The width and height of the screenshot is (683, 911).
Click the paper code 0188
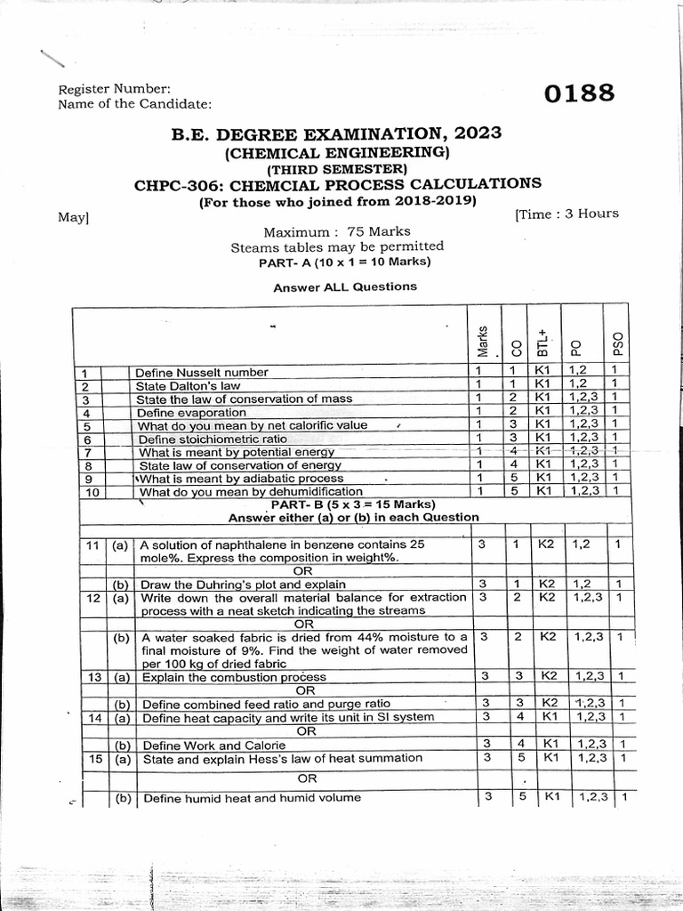tap(579, 93)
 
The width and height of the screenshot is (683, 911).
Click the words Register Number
tap(108, 89)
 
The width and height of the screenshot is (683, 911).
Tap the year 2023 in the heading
tap(478, 133)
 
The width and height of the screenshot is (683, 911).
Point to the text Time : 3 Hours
tap(566, 214)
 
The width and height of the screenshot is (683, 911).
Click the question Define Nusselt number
tap(202, 372)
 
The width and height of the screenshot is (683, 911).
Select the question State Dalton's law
tap(188, 386)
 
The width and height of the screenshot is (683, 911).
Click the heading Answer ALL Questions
tap(345, 287)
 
